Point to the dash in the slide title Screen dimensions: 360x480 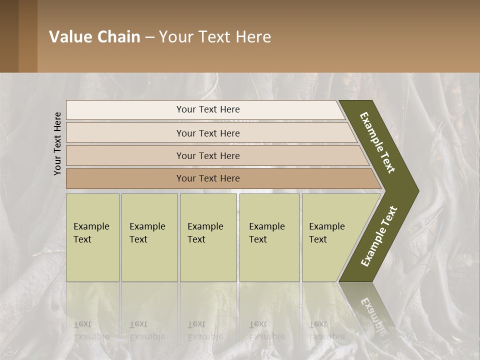coord(149,37)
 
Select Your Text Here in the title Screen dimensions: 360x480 coord(215,37)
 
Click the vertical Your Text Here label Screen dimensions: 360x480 coord(57,143)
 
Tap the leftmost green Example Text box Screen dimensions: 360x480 coord(92,237)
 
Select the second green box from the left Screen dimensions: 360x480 coord(149,237)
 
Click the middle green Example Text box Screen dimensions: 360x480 coord(208,237)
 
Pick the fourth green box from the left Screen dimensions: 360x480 coord(269,237)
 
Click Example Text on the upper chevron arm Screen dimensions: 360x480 coord(377,142)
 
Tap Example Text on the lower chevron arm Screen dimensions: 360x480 coord(379,236)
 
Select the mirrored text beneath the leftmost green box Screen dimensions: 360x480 coord(91,330)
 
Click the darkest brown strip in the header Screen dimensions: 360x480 coord(9,36)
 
